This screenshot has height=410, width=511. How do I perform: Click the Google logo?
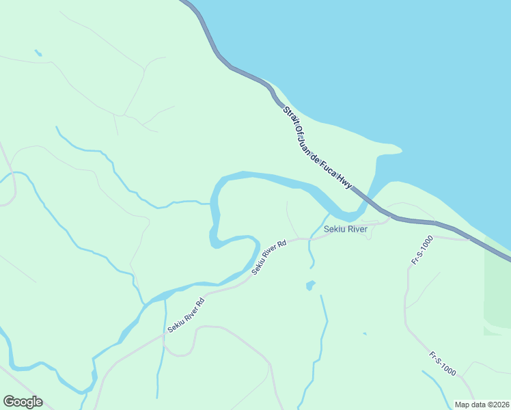point(23,402)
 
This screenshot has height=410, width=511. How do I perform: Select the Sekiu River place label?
point(346,229)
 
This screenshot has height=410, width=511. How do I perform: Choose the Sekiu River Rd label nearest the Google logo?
point(186,315)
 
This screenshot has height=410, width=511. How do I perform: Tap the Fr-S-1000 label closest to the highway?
point(422,251)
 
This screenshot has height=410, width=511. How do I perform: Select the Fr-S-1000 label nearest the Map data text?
point(443,362)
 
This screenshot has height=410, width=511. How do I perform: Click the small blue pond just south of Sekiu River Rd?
point(310,284)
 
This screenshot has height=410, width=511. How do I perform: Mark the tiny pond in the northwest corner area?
point(38,53)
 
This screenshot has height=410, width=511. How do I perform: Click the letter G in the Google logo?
point(9,402)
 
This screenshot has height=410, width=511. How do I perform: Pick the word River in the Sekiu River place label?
point(357,229)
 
